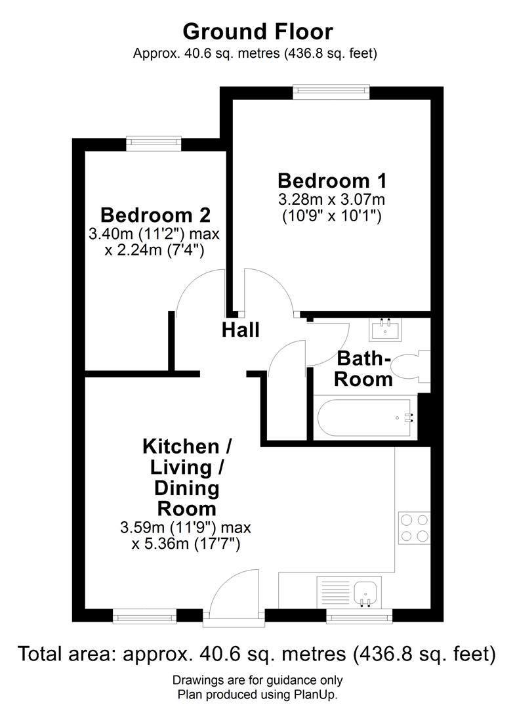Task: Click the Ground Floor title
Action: click(x=257, y=31)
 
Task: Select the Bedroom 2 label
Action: click(x=155, y=215)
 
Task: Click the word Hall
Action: click(x=240, y=330)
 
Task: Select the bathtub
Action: click(x=364, y=418)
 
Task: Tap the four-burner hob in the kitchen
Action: click(x=414, y=527)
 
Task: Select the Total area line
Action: click(x=257, y=653)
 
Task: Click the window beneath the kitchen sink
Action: click(x=360, y=616)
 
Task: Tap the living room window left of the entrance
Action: click(x=144, y=616)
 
